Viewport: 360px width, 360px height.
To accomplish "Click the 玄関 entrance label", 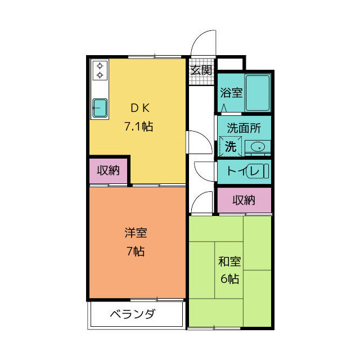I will point(201,70).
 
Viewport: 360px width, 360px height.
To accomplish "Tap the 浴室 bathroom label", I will point(231,92).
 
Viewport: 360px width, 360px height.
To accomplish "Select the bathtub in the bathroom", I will point(258,92).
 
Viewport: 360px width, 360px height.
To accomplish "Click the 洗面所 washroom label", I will point(244,128).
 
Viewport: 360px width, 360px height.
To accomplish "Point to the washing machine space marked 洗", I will point(231,146).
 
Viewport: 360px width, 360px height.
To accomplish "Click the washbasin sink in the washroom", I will point(258,147).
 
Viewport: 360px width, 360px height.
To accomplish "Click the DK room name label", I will point(138,108).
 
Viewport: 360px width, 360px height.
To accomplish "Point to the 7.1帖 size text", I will point(138,126).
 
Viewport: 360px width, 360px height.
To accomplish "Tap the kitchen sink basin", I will point(100,107).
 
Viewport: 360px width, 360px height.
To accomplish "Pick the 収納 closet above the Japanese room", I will point(245,200).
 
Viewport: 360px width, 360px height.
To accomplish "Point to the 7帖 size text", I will point(136,251).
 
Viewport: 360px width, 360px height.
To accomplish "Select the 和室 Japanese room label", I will point(229,261).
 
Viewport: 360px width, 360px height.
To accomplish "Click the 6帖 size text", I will point(229,278).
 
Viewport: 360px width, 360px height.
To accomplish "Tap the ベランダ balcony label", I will point(132,314).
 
